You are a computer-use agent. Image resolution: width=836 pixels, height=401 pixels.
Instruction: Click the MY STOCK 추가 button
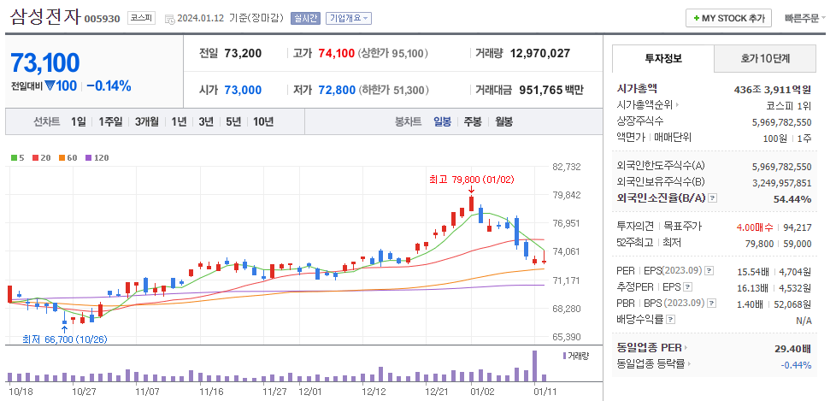[728, 18]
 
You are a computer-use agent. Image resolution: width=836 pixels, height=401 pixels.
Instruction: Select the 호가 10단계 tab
[764, 59]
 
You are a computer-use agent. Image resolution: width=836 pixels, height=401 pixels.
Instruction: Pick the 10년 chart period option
[262, 121]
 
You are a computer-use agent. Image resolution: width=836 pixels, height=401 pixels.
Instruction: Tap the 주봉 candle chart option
[473, 121]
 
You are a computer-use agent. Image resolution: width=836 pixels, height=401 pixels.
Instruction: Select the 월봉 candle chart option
[503, 121]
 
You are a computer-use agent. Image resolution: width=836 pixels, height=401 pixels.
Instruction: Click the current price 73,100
[44, 62]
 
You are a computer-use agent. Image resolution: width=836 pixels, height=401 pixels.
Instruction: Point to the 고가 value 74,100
[335, 53]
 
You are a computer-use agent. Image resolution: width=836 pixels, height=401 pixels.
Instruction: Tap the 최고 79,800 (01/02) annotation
[462, 180]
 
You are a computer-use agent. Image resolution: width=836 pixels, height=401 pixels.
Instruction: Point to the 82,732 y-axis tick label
[567, 167]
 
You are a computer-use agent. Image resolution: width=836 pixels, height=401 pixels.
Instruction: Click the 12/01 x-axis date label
[311, 392]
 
